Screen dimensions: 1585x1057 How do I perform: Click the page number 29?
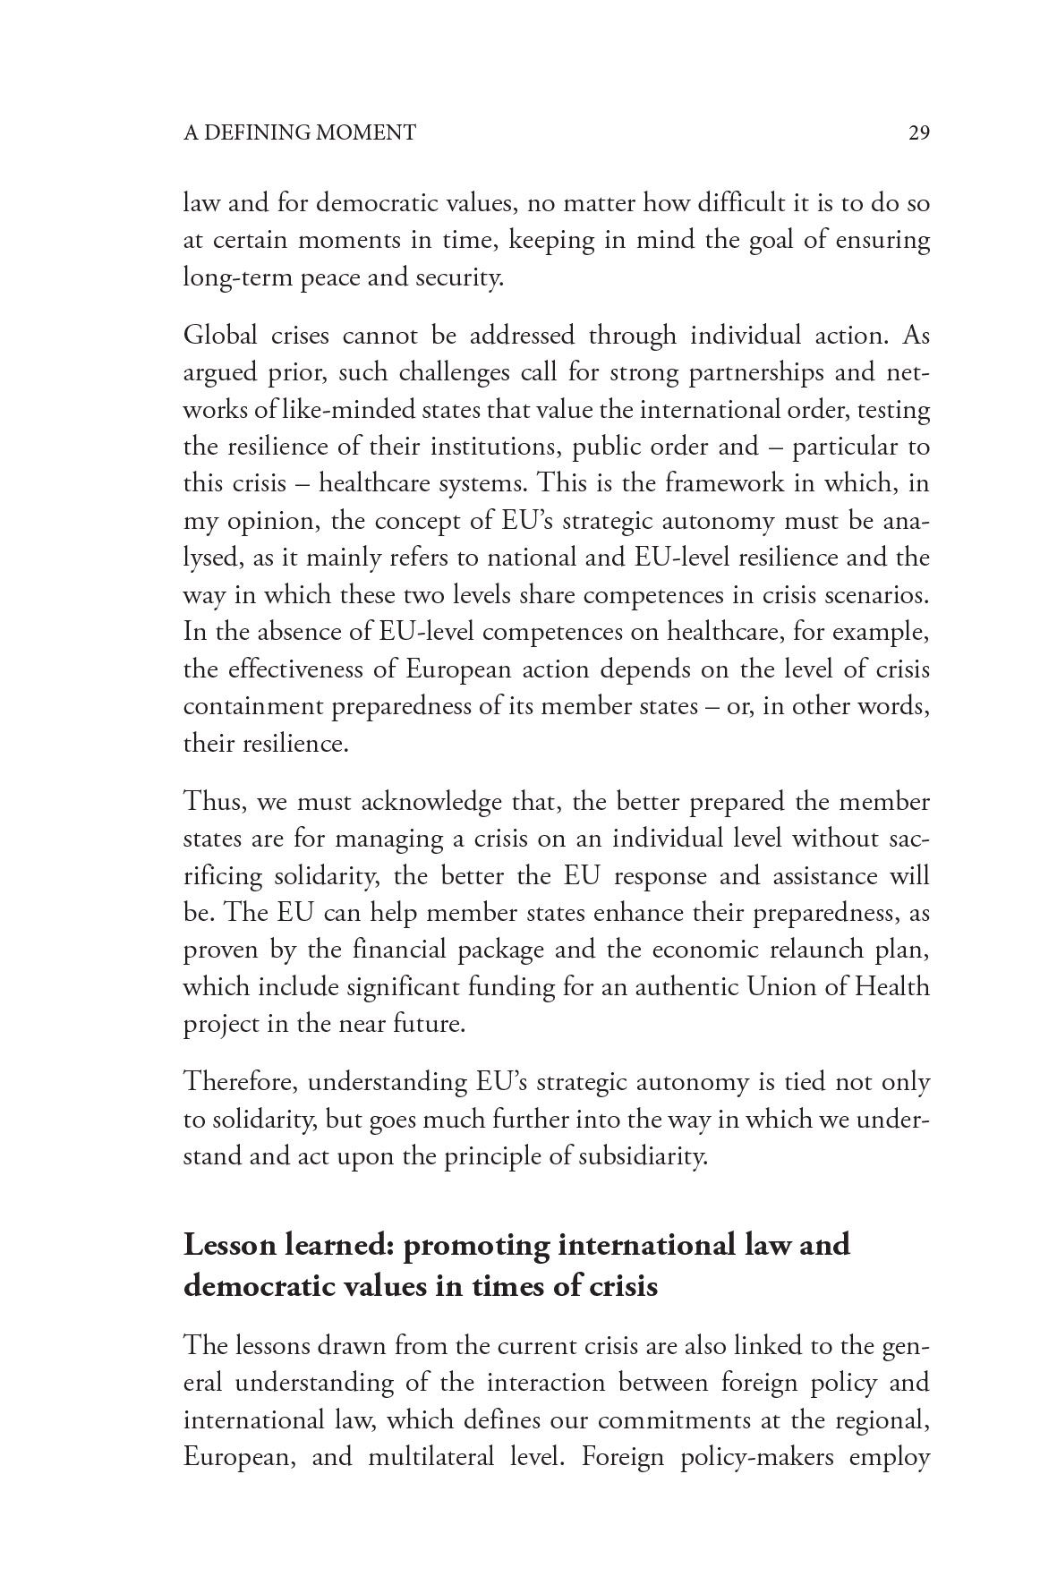pos(919,133)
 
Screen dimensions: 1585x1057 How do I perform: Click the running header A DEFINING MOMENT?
pos(300,133)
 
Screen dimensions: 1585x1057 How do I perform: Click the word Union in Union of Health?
pos(780,987)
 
